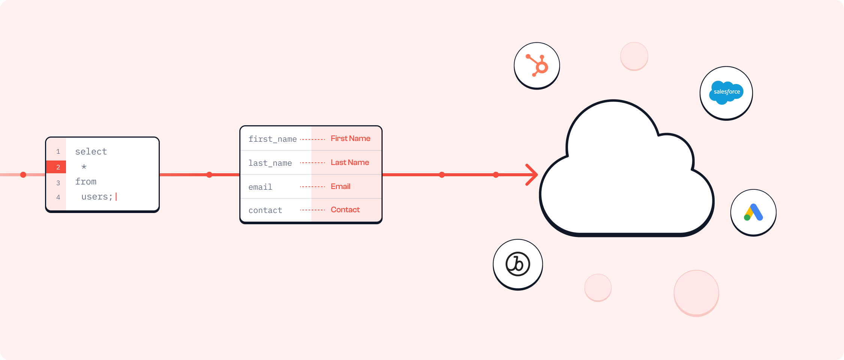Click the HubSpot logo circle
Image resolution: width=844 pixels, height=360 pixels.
(x=537, y=66)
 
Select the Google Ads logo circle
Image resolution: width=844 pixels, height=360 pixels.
(x=753, y=213)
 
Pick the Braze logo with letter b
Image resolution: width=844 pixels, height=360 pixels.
(x=518, y=264)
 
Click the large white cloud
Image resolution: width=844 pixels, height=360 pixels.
(x=626, y=180)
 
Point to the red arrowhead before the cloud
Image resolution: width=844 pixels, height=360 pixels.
(x=533, y=175)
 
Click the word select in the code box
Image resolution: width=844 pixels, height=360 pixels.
(x=91, y=151)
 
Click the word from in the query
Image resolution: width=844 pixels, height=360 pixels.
(x=86, y=182)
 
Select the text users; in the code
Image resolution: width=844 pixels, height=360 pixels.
(x=97, y=197)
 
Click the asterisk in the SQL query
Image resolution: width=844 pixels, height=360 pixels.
(x=84, y=167)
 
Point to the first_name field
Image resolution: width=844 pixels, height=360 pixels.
(x=273, y=139)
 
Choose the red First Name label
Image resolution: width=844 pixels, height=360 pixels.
(x=350, y=138)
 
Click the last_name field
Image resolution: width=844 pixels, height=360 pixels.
(x=270, y=163)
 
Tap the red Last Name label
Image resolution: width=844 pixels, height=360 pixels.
(x=350, y=162)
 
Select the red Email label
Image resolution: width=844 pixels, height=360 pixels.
(x=340, y=186)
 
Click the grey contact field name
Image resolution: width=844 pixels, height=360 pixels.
(x=265, y=210)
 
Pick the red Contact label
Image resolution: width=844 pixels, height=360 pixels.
(x=345, y=210)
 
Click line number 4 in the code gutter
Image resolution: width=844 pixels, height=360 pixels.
(x=58, y=197)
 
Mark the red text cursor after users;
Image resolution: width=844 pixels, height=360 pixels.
(x=116, y=196)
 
